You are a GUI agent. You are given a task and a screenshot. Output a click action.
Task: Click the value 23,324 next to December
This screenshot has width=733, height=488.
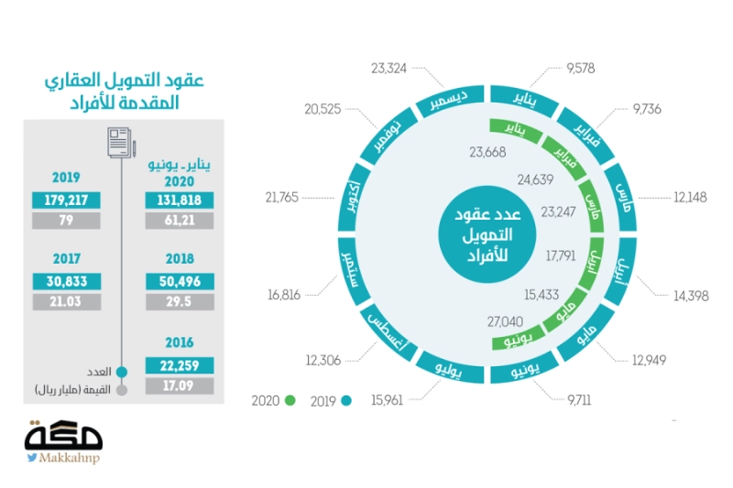(x=388, y=69)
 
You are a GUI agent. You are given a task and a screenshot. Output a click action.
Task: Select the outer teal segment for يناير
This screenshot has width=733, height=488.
(x=523, y=100)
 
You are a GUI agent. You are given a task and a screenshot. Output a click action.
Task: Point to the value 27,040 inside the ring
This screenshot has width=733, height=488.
(x=505, y=321)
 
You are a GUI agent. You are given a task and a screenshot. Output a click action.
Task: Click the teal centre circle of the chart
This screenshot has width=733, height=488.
(x=487, y=234)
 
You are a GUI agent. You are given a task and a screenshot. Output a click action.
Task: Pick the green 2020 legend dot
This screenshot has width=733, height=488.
(x=290, y=401)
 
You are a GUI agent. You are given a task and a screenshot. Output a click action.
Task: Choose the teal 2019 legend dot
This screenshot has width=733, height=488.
(x=346, y=401)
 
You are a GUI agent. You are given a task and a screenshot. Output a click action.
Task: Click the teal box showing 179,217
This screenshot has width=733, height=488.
(x=66, y=200)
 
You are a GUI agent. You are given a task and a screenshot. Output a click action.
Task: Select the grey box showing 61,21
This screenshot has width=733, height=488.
(x=180, y=221)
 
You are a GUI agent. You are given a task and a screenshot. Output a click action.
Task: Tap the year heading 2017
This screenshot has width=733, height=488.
(x=66, y=259)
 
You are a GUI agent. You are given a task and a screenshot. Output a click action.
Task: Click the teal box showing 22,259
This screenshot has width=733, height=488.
(x=180, y=365)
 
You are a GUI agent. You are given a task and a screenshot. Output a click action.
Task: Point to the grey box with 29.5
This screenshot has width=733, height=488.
(x=180, y=301)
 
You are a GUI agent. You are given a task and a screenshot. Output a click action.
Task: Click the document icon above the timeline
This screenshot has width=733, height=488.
(x=121, y=143)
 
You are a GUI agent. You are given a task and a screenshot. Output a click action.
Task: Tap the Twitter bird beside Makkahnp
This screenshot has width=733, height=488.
(x=32, y=457)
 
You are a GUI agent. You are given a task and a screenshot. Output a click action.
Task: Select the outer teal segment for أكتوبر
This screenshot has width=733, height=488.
(x=354, y=197)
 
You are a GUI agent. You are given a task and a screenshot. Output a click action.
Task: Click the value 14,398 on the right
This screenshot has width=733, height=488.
(x=691, y=296)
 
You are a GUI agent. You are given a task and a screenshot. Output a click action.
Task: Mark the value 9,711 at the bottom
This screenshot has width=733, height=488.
(x=579, y=400)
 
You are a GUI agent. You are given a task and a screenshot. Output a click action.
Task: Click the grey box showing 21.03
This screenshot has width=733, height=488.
(x=66, y=301)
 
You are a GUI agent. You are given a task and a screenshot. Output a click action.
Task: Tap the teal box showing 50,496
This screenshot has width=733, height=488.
(x=180, y=281)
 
